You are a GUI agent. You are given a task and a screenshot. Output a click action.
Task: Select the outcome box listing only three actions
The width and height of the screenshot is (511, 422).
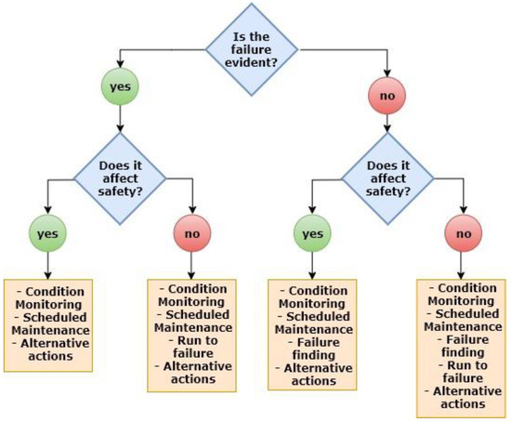pos(48,323)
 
